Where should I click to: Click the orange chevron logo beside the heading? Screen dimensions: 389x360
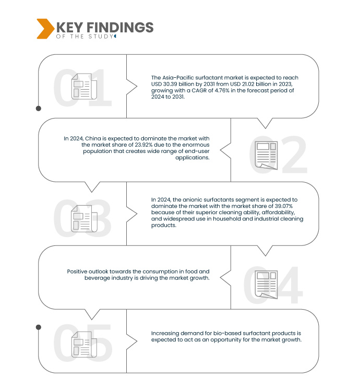click(x=44, y=29)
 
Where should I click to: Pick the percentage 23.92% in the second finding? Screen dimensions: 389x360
click(x=146, y=145)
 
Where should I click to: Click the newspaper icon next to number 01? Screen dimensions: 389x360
click(x=82, y=87)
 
